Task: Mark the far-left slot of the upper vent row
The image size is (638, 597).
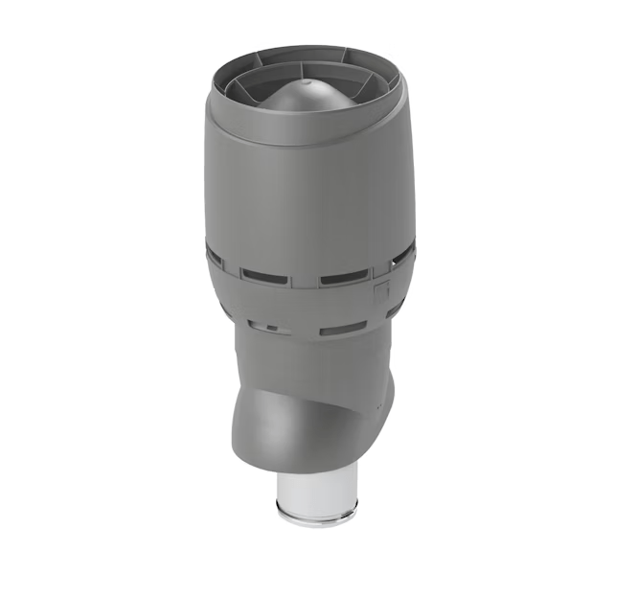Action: (x=216, y=257)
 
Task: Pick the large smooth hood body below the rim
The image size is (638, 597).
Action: (x=307, y=192)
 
